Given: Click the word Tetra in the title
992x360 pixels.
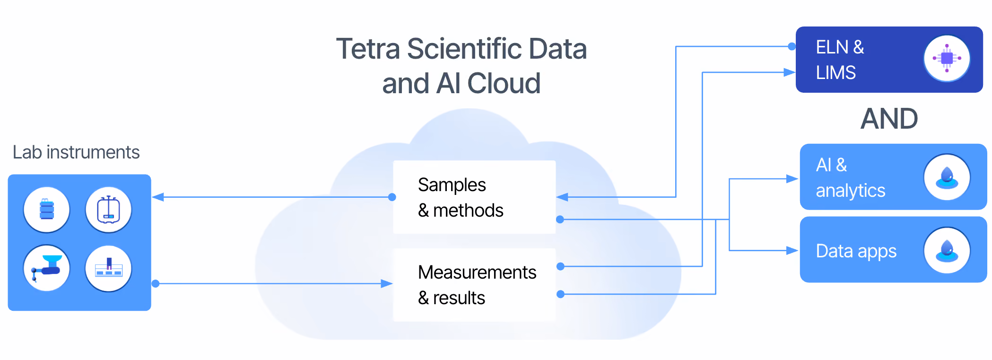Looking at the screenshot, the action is tap(368, 49).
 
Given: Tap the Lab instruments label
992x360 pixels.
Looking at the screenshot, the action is tap(76, 152).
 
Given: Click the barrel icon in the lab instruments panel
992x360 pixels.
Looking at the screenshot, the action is tap(47, 210).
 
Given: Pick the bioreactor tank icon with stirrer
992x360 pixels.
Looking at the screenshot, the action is tap(108, 210).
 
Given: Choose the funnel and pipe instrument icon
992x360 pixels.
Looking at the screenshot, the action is tap(47, 268).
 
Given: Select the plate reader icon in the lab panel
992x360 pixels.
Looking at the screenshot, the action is tap(108, 268).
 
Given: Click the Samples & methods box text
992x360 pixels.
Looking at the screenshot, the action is tap(461, 197).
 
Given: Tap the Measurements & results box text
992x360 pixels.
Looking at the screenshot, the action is tap(477, 285).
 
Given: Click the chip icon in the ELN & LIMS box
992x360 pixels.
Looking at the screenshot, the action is tap(947, 58).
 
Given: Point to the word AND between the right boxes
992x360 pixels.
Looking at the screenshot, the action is tap(889, 118).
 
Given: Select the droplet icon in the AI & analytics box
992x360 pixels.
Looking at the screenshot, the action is tap(947, 177).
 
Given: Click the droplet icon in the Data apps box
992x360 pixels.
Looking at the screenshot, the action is tap(947, 250).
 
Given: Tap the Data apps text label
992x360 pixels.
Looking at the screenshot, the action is tap(856, 251).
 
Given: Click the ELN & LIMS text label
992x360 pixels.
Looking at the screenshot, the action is tap(840, 60).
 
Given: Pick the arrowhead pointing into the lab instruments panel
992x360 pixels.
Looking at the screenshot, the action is tap(158, 197).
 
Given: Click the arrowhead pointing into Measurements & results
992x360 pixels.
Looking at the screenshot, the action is tap(387, 284).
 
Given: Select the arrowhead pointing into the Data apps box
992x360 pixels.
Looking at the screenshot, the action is tap(792, 250).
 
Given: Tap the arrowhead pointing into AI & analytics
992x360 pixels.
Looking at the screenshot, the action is tap(792, 179).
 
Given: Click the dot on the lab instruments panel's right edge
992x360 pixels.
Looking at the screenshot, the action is tap(156, 284).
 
